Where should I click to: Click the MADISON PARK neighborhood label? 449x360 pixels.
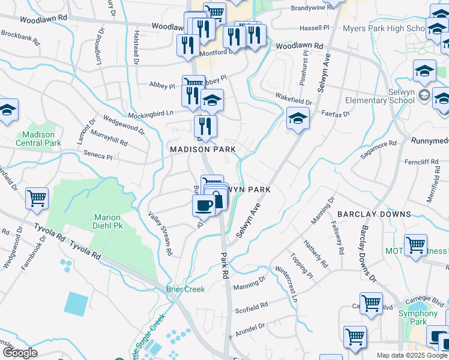pos(202,149)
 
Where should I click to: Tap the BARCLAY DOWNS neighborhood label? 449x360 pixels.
pos(374,214)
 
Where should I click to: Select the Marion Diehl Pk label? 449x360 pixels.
pos(107,222)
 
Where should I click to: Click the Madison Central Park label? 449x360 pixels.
pos(38,139)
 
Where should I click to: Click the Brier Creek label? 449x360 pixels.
pos(185,289)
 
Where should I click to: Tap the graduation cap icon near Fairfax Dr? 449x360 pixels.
pos(297,118)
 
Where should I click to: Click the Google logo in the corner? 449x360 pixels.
pos(20,353)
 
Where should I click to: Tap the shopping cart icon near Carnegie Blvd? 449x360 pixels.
pos(371,303)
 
